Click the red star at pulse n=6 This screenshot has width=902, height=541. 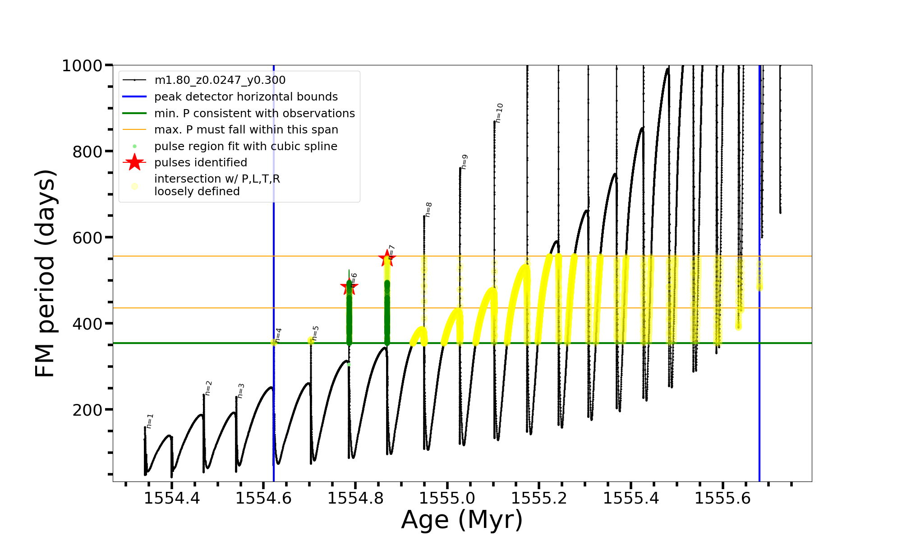[x=349, y=286]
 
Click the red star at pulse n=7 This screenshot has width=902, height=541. [x=387, y=258]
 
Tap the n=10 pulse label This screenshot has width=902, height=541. [x=499, y=113]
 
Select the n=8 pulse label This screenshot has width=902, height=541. [x=428, y=210]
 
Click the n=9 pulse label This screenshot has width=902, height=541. [x=465, y=162]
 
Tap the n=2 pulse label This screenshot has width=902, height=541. [x=208, y=388]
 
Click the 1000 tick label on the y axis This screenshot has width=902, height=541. [x=82, y=66]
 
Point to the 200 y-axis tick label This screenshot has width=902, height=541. [x=87, y=410]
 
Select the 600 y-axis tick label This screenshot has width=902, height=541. [x=87, y=238]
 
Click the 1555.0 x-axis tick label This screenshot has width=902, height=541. [x=447, y=498]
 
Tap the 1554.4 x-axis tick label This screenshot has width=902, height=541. [x=172, y=498]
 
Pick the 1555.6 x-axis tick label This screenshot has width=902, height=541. [x=723, y=498]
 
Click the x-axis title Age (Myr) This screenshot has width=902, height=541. [x=462, y=519]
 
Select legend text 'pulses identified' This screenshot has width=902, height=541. [x=201, y=163]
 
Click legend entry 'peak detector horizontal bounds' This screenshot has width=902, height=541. [x=246, y=97]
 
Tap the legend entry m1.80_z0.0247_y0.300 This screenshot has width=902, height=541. [x=220, y=80]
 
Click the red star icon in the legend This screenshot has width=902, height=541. [x=134, y=162]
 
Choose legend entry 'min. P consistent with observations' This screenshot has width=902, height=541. [x=254, y=114]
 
